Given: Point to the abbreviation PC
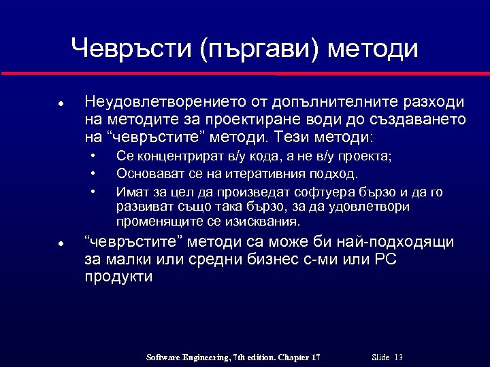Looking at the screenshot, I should (x=385, y=260).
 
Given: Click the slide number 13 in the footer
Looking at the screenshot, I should (x=398, y=357).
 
